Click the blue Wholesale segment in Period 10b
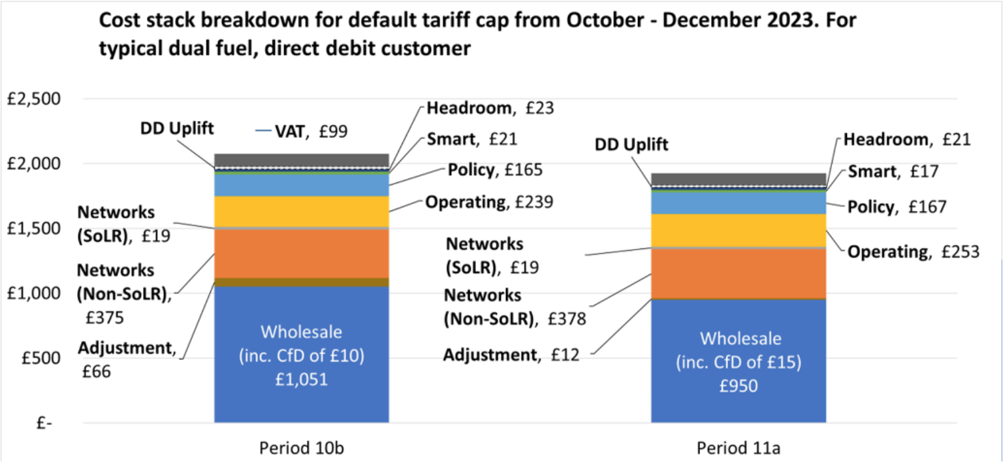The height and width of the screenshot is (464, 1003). pos(301,354)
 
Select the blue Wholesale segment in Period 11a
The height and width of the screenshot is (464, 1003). pos(739,361)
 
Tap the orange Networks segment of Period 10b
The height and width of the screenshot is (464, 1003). pos(301,254)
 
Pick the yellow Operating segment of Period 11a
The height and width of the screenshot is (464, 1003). pos(739,231)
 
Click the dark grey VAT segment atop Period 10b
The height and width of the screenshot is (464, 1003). pos(301,160)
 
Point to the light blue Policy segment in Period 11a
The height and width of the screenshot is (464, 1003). pos(739,203)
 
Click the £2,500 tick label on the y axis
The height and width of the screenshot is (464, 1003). pos(33,99)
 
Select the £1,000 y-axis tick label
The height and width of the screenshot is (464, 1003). pos(33,293)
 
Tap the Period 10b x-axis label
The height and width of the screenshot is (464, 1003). pos(301,448)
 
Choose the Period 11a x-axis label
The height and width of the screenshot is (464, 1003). pos(739,448)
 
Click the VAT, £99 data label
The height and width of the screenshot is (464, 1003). pos(311,131)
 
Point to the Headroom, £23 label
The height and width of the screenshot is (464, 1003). pos(490,108)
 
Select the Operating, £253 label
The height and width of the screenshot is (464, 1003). pos(914,252)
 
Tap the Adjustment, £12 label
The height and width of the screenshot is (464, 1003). pos(511,355)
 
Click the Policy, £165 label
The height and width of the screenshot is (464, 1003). pos(495,170)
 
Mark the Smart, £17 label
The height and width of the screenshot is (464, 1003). pos(893,171)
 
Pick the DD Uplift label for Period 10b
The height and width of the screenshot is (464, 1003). pos(177,129)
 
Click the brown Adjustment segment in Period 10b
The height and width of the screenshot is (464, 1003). pos(301,282)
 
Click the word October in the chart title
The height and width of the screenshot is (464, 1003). pos(605,21)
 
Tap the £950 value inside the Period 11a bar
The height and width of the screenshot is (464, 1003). pos(739,386)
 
